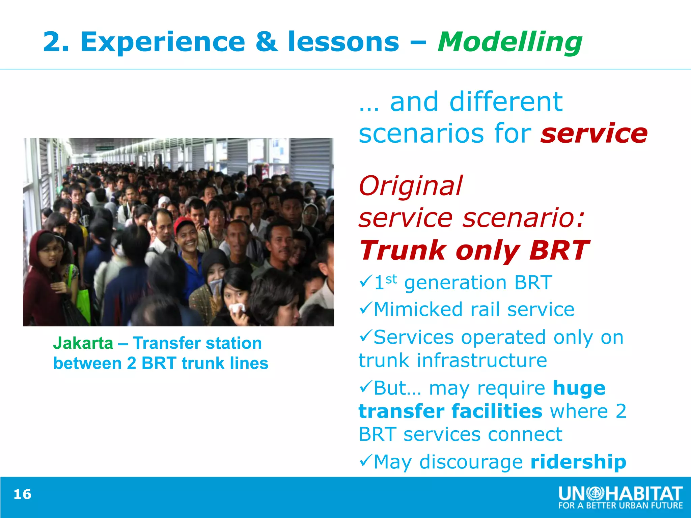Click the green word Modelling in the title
click(x=509, y=42)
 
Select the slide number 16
click(x=22, y=494)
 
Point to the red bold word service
click(x=594, y=133)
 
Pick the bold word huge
click(x=579, y=388)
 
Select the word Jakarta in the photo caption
click(x=83, y=343)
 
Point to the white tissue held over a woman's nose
click(x=237, y=308)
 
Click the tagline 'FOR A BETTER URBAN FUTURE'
click(x=620, y=506)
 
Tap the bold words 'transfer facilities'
click(x=450, y=411)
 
